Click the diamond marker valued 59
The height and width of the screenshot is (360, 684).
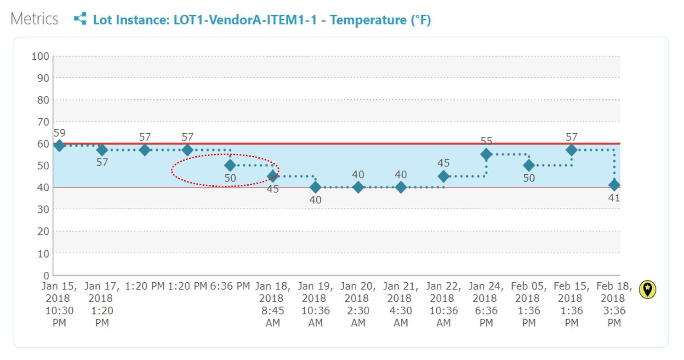pyautogui.click(x=59, y=146)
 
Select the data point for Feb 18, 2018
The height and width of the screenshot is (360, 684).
pyautogui.click(x=614, y=185)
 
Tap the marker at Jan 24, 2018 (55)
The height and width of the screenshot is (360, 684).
pyautogui.click(x=486, y=154)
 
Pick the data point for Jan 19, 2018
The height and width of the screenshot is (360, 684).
pyautogui.click(x=315, y=187)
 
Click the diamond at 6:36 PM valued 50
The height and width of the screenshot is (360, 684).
pyautogui.click(x=230, y=165)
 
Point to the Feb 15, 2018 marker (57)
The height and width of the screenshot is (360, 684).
pyautogui.click(x=571, y=150)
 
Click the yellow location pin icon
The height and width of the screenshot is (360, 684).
pyautogui.click(x=647, y=290)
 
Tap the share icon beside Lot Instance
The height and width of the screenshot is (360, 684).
pyautogui.click(x=80, y=19)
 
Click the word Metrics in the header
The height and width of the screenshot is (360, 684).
pyautogui.click(x=34, y=19)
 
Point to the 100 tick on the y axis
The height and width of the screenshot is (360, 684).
pyautogui.click(x=40, y=57)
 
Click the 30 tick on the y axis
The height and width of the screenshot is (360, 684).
pyautogui.click(x=43, y=209)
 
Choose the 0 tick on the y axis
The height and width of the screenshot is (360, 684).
pyautogui.click(x=46, y=275)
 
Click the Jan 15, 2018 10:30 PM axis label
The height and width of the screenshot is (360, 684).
pyautogui.click(x=59, y=304)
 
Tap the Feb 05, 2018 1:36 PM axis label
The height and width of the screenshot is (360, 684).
pyautogui.click(x=529, y=304)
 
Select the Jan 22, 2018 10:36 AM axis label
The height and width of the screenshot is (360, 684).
pyautogui.click(x=444, y=304)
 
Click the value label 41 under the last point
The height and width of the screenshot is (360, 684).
pyautogui.click(x=614, y=198)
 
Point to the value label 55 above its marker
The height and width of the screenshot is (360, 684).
pyautogui.click(x=486, y=141)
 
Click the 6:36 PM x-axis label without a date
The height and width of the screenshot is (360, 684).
pyautogui.click(x=230, y=286)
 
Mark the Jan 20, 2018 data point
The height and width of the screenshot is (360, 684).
pyautogui.click(x=358, y=187)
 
